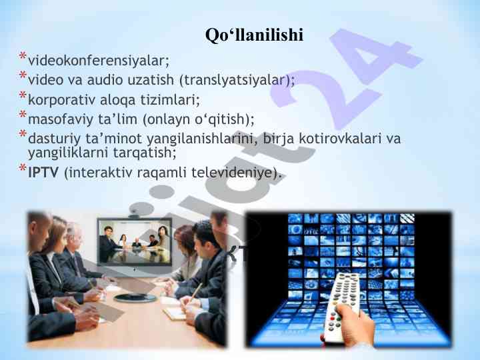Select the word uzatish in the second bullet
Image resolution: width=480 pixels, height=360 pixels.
148,81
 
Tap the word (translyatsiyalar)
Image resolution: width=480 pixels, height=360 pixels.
237,81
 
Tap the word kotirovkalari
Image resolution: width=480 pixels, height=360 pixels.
339,139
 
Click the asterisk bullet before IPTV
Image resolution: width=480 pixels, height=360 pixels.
23,169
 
